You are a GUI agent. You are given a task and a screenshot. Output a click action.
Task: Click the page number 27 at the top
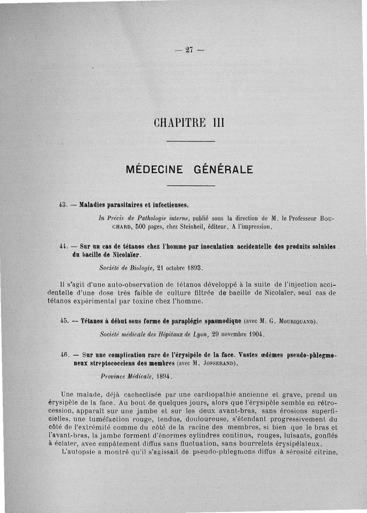click(x=188, y=50)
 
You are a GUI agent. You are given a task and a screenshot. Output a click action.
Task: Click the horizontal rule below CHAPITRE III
click(x=191, y=142)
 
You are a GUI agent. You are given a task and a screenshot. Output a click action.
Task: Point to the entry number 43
click(x=64, y=204)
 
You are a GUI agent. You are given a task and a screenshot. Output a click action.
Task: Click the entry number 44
click(x=65, y=246)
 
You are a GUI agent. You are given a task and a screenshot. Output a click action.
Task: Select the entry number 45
click(x=65, y=321)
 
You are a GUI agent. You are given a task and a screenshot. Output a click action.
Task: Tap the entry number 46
click(x=65, y=355)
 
